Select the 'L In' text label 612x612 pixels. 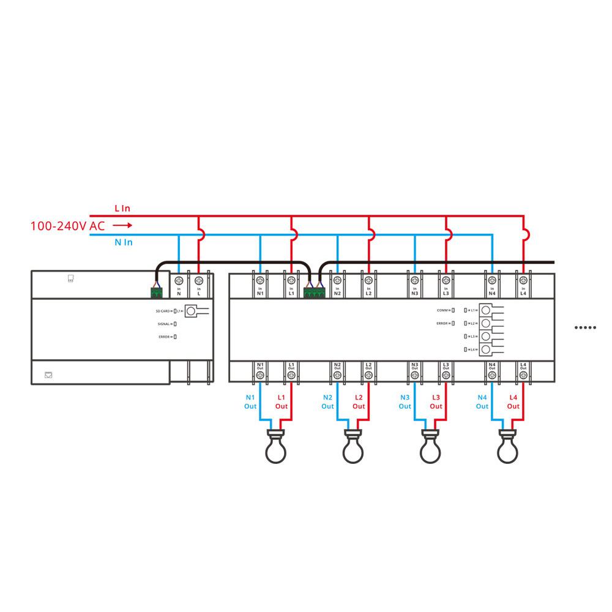(122, 208)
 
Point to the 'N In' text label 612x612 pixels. (124, 242)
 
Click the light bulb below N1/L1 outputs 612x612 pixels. (274, 448)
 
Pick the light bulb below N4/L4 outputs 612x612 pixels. (509, 448)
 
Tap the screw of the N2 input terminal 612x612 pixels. (337, 280)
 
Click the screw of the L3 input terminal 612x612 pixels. (446, 280)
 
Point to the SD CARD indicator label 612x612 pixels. (163, 312)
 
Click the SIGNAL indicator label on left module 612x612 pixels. (163, 324)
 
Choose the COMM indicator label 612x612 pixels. (442, 310)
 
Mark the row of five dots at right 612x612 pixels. (585, 327)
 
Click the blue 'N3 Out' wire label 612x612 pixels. (405, 401)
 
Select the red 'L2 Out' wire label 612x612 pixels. (359, 401)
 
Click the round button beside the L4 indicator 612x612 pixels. (485, 349)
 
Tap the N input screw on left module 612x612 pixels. (179, 280)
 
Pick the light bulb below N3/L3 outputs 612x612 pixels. (430, 448)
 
